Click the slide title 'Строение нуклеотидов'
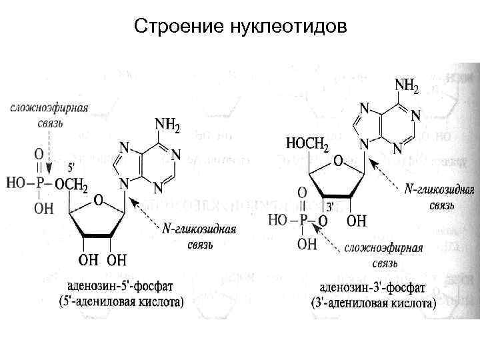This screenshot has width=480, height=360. [240, 27]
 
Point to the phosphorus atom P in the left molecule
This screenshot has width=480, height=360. [39, 182]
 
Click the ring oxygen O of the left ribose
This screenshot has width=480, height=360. [98, 199]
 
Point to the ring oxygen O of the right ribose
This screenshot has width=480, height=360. [338, 162]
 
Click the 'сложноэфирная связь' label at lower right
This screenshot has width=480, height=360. [384, 256]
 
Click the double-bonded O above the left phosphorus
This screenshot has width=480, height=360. [39, 152]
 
